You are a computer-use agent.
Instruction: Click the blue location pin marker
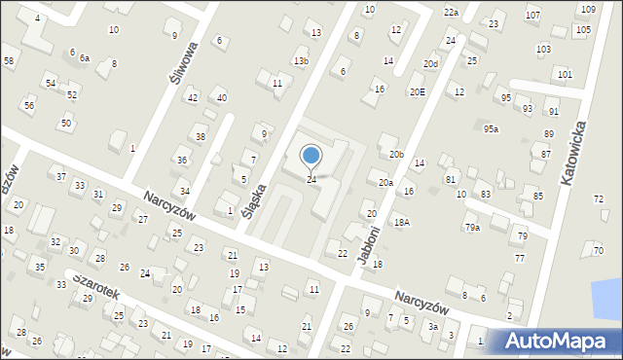(x=311, y=155)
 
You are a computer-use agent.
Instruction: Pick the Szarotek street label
(x=91, y=283)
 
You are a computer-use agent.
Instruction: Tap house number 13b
(x=301, y=61)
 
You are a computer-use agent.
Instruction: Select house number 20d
(x=430, y=64)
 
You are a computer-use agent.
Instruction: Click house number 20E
(x=417, y=92)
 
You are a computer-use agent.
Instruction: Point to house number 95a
(x=492, y=129)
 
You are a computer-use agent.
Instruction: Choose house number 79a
(x=472, y=228)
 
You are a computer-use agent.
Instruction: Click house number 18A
(x=402, y=222)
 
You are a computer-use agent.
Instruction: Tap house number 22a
(x=451, y=12)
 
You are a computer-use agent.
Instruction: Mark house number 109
(x=588, y=9)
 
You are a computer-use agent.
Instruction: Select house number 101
(x=565, y=74)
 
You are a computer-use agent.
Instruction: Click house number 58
(x=9, y=61)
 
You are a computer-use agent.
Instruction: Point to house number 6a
(x=85, y=58)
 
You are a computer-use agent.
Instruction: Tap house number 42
(x=193, y=97)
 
